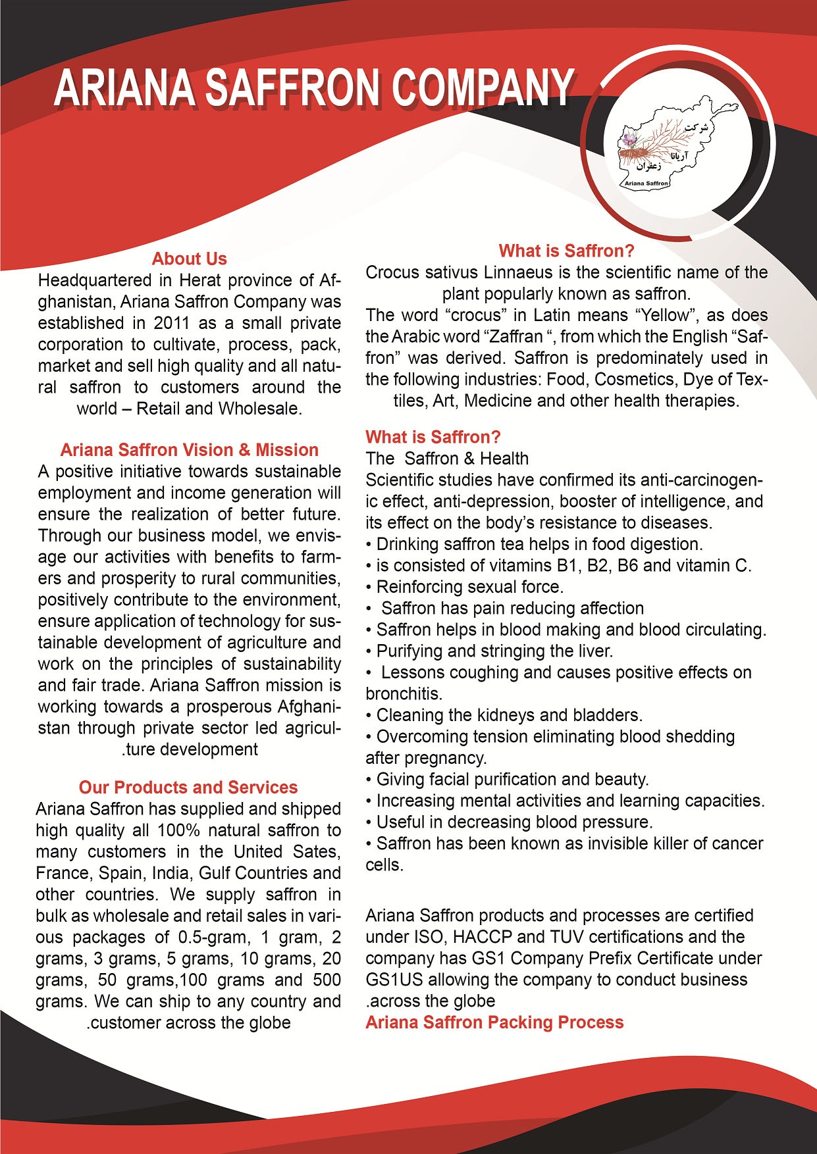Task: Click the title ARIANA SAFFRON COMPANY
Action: pyautogui.click(x=313, y=88)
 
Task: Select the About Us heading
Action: pyautogui.click(x=189, y=259)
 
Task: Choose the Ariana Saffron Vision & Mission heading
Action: pyautogui.click(x=189, y=450)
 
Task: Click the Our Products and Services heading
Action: pyautogui.click(x=188, y=788)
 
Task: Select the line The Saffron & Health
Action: pyautogui.click(x=447, y=459)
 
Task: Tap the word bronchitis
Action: pyautogui.click(x=404, y=693)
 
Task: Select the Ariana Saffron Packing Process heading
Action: pyautogui.click(x=494, y=1022)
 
